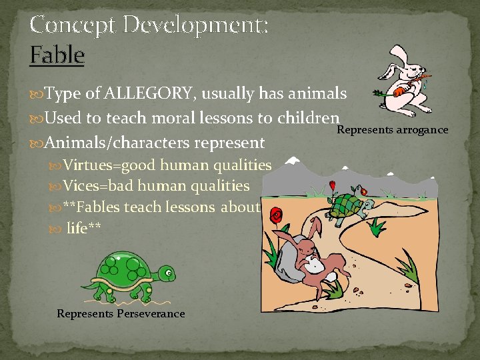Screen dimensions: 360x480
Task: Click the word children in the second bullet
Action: tap(307, 118)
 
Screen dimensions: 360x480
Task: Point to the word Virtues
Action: tap(89, 165)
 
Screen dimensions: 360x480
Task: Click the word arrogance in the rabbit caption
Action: tap(421, 129)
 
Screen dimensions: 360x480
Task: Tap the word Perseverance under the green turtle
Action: tap(151, 313)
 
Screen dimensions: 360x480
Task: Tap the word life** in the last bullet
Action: tap(84, 229)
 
